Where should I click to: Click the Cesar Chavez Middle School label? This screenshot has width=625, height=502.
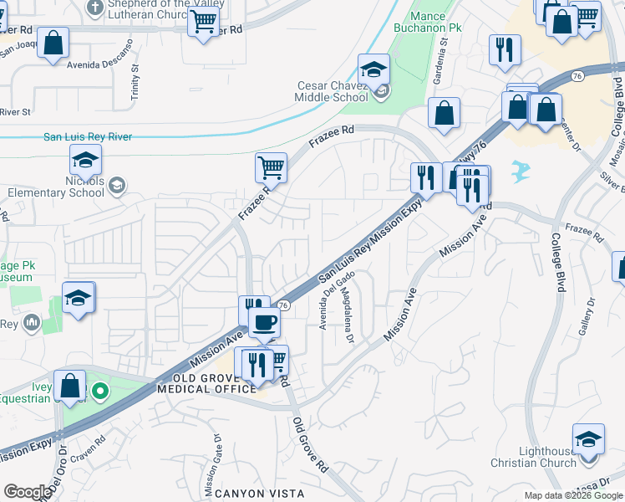click(x=333, y=90)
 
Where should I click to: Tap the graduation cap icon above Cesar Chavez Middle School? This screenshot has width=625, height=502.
click(x=373, y=69)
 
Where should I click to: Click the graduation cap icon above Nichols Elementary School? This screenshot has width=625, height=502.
click(x=85, y=159)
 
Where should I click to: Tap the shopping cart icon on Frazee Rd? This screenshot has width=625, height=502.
click(x=271, y=167)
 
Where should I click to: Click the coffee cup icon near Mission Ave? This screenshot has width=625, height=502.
click(x=264, y=320)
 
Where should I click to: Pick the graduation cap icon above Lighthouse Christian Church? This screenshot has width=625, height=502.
click(x=587, y=438)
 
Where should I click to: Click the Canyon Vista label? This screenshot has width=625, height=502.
click(x=259, y=494)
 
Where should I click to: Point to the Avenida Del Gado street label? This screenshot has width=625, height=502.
click(x=328, y=305)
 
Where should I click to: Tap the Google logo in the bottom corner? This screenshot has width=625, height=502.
click(x=28, y=492)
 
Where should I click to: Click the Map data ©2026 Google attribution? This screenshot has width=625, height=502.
click(x=573, y=495)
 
